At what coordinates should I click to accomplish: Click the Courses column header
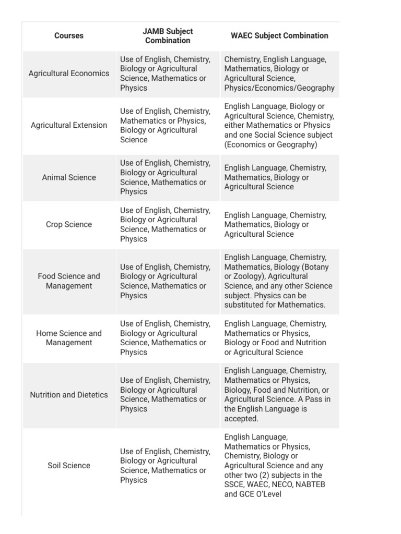[x=69, y=36]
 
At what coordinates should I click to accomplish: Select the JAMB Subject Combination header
[x=168, y=36]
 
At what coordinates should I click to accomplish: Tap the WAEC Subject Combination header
[x=279, y=36]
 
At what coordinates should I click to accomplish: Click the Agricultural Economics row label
[x=69, y=74]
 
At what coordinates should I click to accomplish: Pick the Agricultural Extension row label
[x=69, y=125]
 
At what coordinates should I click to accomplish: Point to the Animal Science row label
[x=69, y=177]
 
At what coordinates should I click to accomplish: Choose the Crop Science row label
[x=69, y=224]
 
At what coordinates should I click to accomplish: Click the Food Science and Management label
[x=69, y=281]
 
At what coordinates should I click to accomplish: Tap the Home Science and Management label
[x=69, y=338]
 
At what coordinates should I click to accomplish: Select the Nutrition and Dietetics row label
[x=69, y=395]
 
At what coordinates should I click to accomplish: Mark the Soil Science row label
[x=69, y=466]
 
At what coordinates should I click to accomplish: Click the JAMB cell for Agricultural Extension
[x=165, y=125]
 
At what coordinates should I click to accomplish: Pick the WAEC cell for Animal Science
[x=275, y=177]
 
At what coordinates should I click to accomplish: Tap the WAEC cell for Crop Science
[x=275, y=224]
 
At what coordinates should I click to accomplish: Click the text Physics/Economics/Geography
[x=279, y=88]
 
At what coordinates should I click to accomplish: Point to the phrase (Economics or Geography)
[x=270, y=144]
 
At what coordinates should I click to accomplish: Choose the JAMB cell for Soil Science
[x=165, y=466]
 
